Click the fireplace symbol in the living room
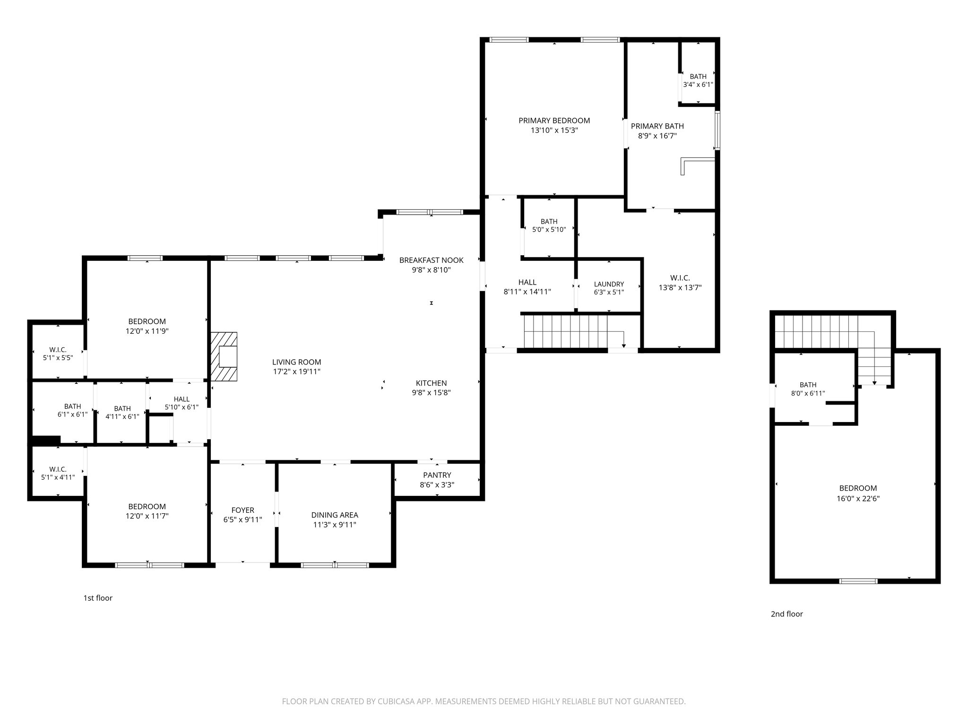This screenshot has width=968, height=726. click(224, 357)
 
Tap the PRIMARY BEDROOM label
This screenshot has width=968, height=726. click(554, 121)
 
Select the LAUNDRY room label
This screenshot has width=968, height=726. click(609, 284)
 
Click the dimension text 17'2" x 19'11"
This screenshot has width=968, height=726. click(296, 372)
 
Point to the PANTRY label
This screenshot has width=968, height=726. click(437, 475)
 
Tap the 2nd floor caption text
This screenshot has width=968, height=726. click(786, 614)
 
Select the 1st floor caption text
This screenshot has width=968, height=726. click(98, 598)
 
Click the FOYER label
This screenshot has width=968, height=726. click(242, 510)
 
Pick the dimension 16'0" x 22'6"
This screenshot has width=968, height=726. click(857, 498)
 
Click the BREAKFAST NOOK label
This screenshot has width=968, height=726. click(431, 260)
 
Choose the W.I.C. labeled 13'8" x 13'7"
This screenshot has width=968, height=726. click(680, 283)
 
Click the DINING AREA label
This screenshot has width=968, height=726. click(334, 515)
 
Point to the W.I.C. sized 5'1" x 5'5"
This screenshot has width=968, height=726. click(57, 354)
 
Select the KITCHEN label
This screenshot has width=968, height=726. click(431, 383)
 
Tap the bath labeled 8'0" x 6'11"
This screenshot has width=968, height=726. click(808, 389)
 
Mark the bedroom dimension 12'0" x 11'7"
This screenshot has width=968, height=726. click(147, 516)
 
